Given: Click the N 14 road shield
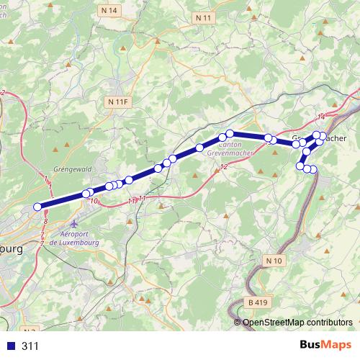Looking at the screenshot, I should pos(109,12).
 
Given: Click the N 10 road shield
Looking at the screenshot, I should pos(274,259).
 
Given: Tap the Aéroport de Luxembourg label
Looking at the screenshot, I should pos(79,239).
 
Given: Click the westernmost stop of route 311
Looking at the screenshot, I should pos(38,207).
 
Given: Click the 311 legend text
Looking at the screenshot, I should pos(30,346).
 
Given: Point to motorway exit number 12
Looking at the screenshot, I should pos(223,167).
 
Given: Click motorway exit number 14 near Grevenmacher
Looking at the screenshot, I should pos(321,117).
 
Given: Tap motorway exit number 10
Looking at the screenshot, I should pos(94,201).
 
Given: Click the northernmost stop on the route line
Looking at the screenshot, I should pos(230,133).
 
